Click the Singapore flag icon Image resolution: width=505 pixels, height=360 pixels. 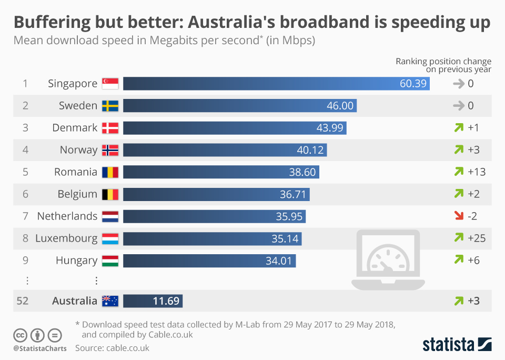pos(110,84)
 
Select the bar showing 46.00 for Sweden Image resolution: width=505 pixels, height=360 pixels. pos(239,106)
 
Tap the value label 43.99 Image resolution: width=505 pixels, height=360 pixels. pos(329,128)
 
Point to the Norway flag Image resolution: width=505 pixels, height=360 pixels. pos(110,150)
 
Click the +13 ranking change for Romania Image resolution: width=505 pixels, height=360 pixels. pos(477,172)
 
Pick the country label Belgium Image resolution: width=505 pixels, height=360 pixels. pos(77,194)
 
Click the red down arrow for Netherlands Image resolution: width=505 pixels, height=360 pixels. pos(458,216)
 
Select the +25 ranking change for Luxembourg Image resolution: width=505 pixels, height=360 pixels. pos(477,238)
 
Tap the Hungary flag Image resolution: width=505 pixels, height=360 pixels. pos(110,261)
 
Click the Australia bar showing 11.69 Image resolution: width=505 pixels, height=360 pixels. pos(153,301)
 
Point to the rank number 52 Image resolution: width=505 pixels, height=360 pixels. pos(23,301)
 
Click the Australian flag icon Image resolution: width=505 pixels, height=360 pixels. pos(110,301)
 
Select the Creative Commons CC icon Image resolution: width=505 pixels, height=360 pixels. pos(20,335)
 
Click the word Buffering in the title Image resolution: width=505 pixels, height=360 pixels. pos(51,23)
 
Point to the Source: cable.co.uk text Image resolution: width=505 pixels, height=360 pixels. pos(112,348)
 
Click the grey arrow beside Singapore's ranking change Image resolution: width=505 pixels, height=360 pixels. pos(458,84)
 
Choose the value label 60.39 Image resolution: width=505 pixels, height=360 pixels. pos(413,84)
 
